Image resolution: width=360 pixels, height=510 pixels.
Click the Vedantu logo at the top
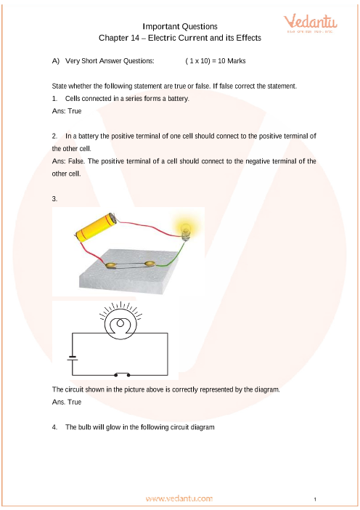click(311, 23)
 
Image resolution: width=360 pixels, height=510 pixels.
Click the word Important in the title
click(158, 27)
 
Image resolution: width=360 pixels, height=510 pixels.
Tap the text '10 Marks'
click(232, 61)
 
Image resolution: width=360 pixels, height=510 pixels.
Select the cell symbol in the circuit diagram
click(72, 357)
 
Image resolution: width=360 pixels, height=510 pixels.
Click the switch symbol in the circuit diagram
click(122, 374)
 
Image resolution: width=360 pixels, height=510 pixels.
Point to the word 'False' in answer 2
click(76, 161)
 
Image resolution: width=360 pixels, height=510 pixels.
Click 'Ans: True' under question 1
click(67, 111)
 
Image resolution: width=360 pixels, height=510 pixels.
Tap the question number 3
click(54, 199)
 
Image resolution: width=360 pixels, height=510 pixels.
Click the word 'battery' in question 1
click(178, 99)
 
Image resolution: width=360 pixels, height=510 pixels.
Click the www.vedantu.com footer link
click(179, 498)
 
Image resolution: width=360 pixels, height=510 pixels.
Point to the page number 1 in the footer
click(315, 499)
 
